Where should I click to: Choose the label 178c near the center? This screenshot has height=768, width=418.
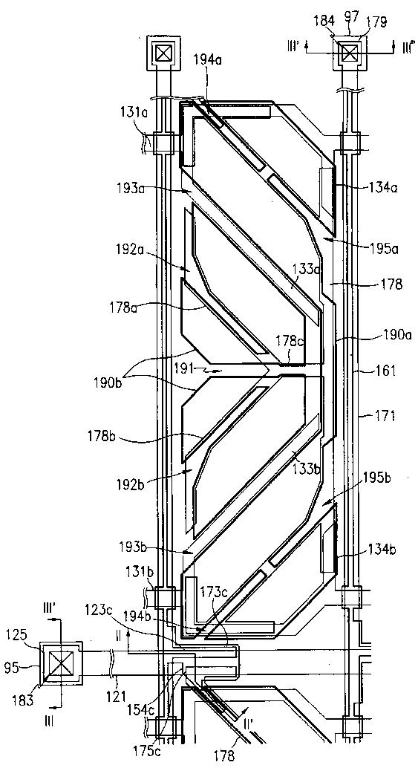coord(289,353)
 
